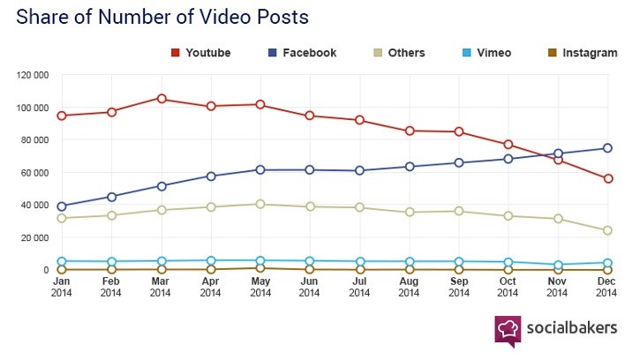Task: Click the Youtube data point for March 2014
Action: (x=162, y=99)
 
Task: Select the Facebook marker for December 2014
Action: (x=608, y=148)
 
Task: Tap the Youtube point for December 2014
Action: (x=608, y=179)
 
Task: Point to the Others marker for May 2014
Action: (x=260, y=204)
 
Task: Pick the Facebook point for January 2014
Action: (x=62, y=206)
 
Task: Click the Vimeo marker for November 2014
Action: (x=559, y=265)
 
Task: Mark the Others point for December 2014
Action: (x=608, y=230)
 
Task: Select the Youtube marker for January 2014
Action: (x=62, y=116)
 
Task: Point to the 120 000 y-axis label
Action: (x=33, y=75)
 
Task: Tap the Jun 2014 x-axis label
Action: (x=310, y=289)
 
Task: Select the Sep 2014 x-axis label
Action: (x=459, y=289)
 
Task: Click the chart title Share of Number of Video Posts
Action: (x=163, y=17)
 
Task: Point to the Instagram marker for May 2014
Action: (x=260, y=267)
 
